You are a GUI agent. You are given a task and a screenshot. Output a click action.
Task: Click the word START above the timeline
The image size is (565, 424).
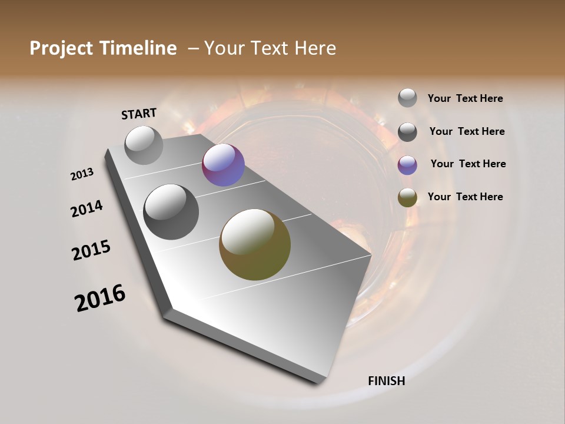pos(139,114)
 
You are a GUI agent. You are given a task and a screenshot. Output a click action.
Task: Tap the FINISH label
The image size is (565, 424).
pos(386,381)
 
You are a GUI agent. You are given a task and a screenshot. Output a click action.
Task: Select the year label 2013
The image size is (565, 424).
pos(82,174)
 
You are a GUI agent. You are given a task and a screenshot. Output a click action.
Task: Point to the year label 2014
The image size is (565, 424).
pos(87,209)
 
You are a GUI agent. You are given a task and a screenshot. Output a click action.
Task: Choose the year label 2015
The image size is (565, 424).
pos(91,250)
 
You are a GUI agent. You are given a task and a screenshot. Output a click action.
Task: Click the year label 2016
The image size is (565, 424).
pos(100,298)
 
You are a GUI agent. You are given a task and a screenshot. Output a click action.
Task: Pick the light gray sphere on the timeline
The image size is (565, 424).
pos(144,145)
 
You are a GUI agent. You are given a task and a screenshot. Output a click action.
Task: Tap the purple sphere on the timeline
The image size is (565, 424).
pos(223,165)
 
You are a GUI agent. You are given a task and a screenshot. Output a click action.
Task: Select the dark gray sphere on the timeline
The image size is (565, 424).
pos(171,211)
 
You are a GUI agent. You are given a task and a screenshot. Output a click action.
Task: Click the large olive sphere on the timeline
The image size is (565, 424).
pos(255,244)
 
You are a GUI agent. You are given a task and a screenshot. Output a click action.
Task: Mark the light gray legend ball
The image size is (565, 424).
pos(407,98)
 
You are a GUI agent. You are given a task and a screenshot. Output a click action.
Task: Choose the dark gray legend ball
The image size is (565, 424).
pos(407,132)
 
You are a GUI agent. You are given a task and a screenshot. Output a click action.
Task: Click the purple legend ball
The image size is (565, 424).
pos(407,165)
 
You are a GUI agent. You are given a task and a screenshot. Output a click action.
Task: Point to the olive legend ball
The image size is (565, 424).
pos(407,197)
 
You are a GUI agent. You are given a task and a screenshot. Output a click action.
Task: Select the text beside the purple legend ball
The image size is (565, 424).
pos(468,164)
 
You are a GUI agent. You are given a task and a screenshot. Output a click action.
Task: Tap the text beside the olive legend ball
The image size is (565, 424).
pos(465,197)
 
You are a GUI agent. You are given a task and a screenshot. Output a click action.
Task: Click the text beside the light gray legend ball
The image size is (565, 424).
pos(465,98)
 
